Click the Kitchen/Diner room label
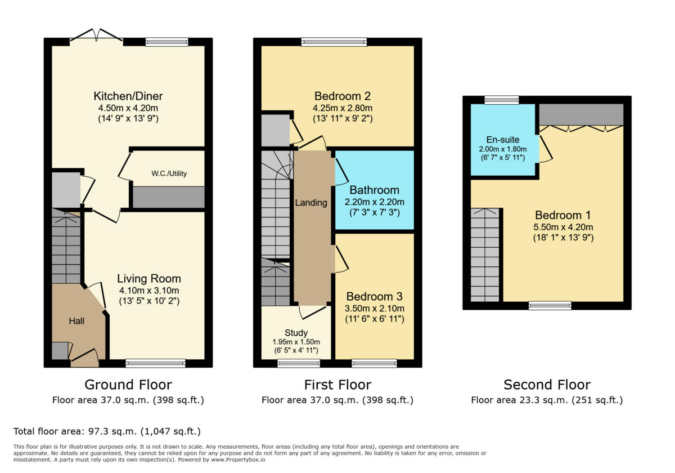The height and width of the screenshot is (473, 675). click(128, 96)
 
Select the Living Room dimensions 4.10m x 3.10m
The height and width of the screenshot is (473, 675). click(149, 290)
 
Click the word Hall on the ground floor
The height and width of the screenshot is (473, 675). click(76, 321)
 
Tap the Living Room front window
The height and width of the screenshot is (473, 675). click(155, 363)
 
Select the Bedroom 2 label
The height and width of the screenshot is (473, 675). click(343, 96)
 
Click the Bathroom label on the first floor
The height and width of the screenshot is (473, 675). click(374, 190)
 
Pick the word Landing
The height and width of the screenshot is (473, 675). click(311, 203)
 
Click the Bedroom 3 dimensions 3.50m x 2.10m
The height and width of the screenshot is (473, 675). click(374, 308)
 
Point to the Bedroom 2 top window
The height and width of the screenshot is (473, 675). click(334, 42)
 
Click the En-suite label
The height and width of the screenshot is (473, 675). click(503, 140)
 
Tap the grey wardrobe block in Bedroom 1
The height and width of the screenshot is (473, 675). click(581, 114)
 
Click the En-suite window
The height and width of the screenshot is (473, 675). click(502, 100)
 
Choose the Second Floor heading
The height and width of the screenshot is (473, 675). click(547, 385)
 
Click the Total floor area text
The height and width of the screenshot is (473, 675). click(107, 431)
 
